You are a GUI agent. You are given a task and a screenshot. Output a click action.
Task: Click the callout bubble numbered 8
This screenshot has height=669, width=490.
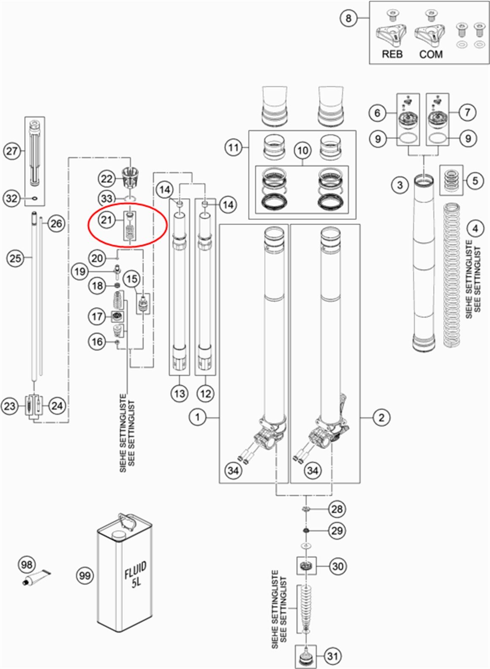[x=348, y=18]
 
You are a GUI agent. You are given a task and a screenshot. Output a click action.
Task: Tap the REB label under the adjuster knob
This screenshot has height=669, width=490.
[x=392, y=54]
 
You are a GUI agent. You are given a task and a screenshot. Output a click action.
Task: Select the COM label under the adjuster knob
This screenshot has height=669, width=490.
[x=431, y=54]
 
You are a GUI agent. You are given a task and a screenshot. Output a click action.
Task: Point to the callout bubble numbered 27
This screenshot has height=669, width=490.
[x=12, y=151]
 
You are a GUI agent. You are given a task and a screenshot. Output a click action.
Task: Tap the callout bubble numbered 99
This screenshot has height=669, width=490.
[x=85, y=575]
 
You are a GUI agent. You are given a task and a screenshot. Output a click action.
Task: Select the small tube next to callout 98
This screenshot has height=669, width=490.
[x=38, y=578]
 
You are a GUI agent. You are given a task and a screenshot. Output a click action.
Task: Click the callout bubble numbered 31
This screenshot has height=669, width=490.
[x=333, y=656]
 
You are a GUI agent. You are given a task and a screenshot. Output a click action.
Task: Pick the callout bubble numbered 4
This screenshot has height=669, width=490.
[x=476, y=228]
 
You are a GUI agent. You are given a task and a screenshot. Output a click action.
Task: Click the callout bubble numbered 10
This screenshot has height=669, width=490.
[x=302, y=150]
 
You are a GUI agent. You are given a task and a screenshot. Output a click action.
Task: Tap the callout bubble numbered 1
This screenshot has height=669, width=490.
[x=197, y=417]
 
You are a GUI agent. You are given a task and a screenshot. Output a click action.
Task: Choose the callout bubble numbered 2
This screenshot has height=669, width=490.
[x=381, y=417]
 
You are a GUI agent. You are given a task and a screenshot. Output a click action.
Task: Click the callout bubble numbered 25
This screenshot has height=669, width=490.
[x=15, y=258]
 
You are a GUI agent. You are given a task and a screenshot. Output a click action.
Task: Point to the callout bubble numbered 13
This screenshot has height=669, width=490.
[x=180, y=394]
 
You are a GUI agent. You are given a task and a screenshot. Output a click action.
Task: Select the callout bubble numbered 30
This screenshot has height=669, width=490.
[x=338, y=566]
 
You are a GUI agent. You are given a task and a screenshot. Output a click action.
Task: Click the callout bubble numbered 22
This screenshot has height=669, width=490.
[x=107, y=179]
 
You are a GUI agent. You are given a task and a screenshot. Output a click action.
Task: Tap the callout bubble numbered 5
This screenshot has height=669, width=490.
[x=475, y=181]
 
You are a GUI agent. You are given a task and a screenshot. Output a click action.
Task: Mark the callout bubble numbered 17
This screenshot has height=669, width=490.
[x=97, y=316]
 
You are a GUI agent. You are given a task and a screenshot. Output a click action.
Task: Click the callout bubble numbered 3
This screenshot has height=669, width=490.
[x=400, y=185]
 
